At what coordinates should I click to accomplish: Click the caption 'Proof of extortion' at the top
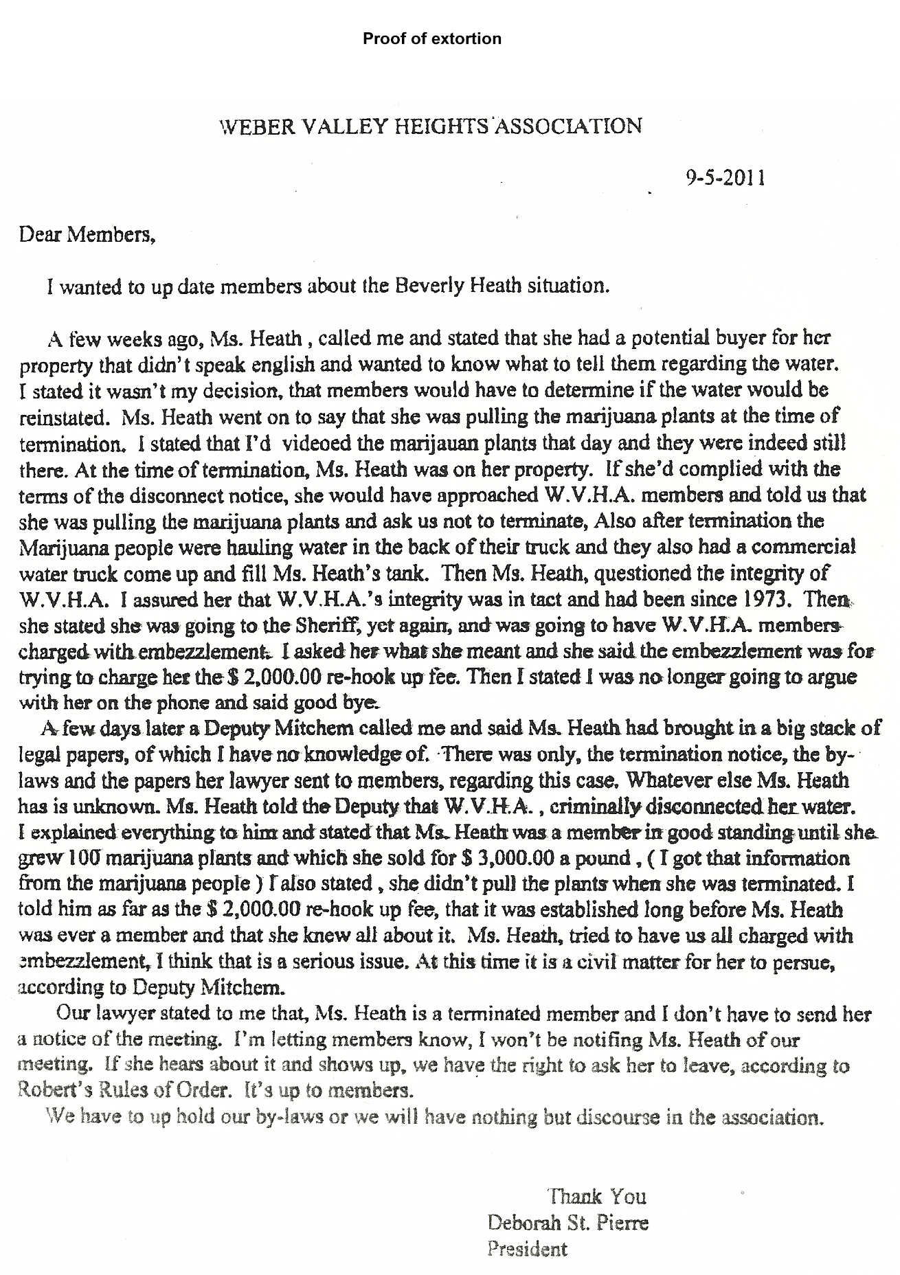point(432,38)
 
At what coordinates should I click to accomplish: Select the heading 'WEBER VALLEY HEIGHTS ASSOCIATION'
point(430,126)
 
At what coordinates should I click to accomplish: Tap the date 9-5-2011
point(725,179)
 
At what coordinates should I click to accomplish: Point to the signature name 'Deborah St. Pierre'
point(568,1223)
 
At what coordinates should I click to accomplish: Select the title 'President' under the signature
point(528,1248)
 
